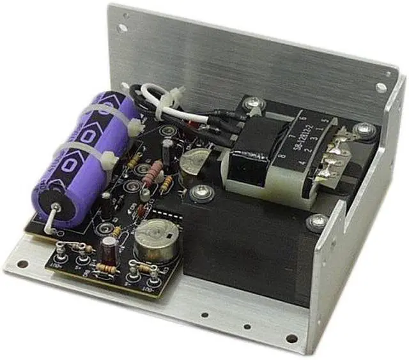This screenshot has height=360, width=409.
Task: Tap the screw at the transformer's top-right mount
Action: point(364,131)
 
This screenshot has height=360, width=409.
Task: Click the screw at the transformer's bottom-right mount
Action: point(318,221)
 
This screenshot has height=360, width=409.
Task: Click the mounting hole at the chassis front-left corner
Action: point(22,264)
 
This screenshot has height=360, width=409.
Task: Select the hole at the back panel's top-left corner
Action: point(121,28)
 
